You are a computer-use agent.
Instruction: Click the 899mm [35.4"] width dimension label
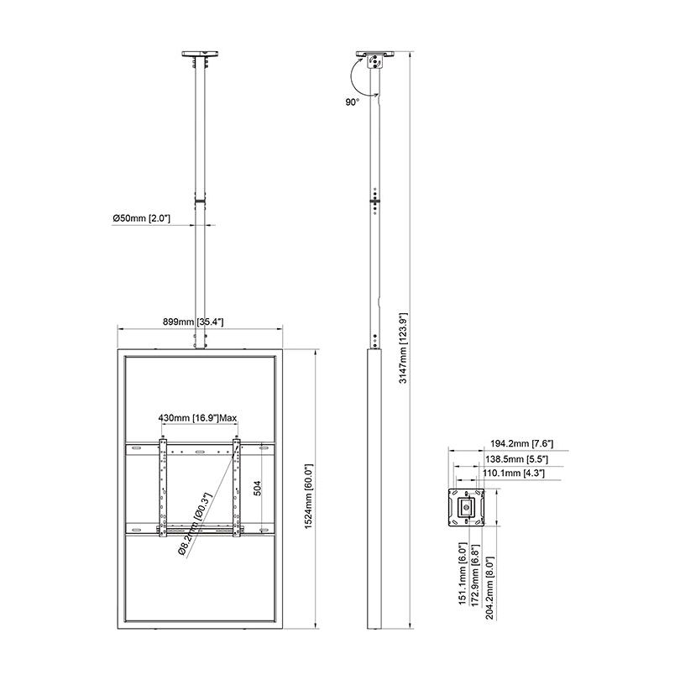pos(199,322)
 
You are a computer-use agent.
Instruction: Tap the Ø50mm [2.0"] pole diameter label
pos(142,218)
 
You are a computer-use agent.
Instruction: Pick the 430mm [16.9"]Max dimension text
pos(198,417)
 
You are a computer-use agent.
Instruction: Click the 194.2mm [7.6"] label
pos(521,443)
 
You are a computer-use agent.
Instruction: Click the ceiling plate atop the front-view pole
pos(200,56)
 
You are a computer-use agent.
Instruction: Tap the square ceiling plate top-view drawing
pos(463,507)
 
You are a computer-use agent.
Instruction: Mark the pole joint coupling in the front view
pos(200,201)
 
